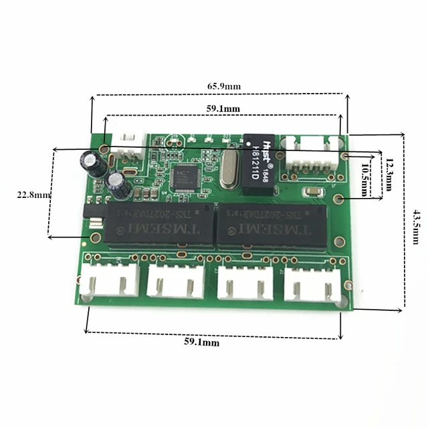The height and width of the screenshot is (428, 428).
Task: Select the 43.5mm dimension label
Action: pos(417,215)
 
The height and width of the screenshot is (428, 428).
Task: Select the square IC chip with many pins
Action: pos(182,177)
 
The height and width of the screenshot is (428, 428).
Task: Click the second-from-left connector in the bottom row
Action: pos(175,280)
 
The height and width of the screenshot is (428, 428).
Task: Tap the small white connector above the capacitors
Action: pos(124,142)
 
